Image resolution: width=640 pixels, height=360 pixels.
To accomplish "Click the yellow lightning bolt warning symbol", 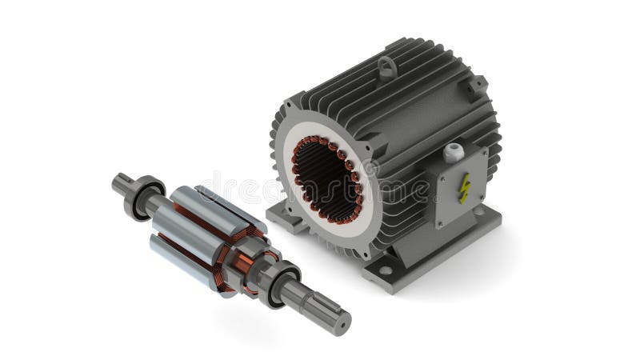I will coord(463,187).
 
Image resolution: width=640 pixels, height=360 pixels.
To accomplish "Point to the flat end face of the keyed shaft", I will coord(342,322).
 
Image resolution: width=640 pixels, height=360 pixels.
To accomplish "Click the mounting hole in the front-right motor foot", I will coord(386,270).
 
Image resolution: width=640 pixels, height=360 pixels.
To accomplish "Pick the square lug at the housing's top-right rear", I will coord(477,85).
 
